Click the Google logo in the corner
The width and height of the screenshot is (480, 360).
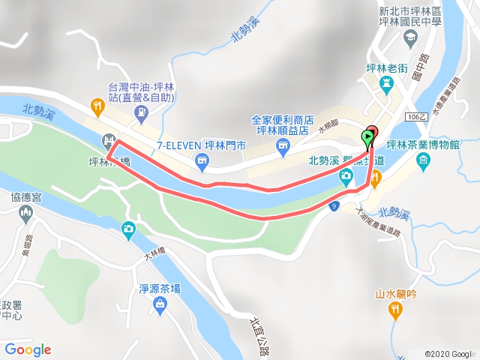click(28, 349)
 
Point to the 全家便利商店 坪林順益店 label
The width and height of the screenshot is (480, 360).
click(282, 124)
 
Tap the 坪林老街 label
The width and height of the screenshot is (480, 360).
click(387, 67)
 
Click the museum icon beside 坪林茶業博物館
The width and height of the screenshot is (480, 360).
click(424, 159)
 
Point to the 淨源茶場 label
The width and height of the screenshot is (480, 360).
click(160, 286)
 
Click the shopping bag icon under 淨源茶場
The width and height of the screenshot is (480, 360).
click(160, 303)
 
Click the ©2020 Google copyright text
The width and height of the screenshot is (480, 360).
click(449, 353)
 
